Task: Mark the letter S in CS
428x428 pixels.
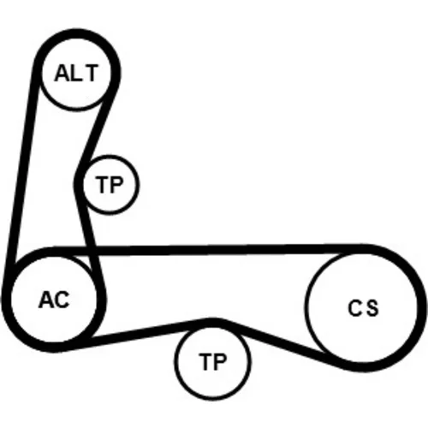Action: [372, 308]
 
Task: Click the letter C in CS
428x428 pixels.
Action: [354, 308]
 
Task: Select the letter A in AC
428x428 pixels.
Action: [46, 300]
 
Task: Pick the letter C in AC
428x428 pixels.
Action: [62, 300]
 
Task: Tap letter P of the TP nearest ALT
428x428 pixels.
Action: [116, 185]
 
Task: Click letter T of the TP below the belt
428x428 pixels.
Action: [206, 361]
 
